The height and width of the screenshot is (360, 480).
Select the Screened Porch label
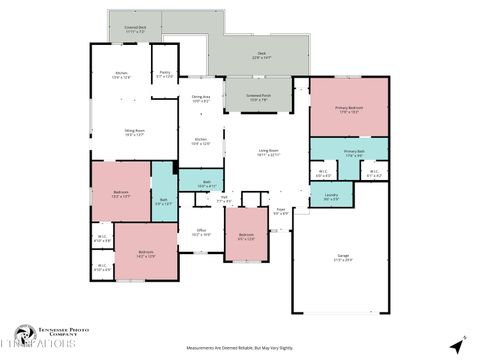tap(259, 97)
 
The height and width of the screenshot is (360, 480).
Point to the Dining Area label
tap(201, 99)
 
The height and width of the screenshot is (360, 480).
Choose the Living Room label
tap(269, 153)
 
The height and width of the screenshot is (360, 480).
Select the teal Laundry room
tap(331, 197)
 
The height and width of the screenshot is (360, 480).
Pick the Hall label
tap(225, 200)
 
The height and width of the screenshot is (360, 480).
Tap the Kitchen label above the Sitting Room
tap(121, 74)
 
